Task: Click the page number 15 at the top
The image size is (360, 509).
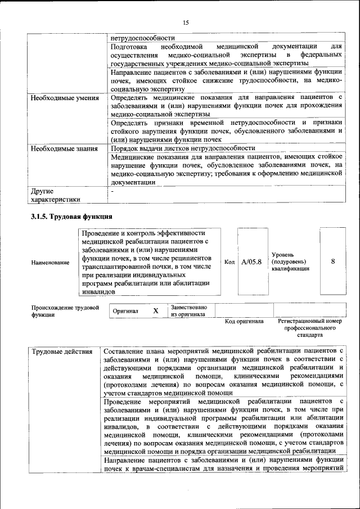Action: coord(186,22)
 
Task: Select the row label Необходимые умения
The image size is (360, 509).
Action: coord(64,98)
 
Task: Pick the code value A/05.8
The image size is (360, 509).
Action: coord(251,262)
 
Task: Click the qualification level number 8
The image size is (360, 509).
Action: coord(332,262)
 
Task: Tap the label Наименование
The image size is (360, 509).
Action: coord(51,263)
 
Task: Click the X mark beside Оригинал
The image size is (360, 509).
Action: coord(156,311)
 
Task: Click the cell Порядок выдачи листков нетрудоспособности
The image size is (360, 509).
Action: coord(179,148)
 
